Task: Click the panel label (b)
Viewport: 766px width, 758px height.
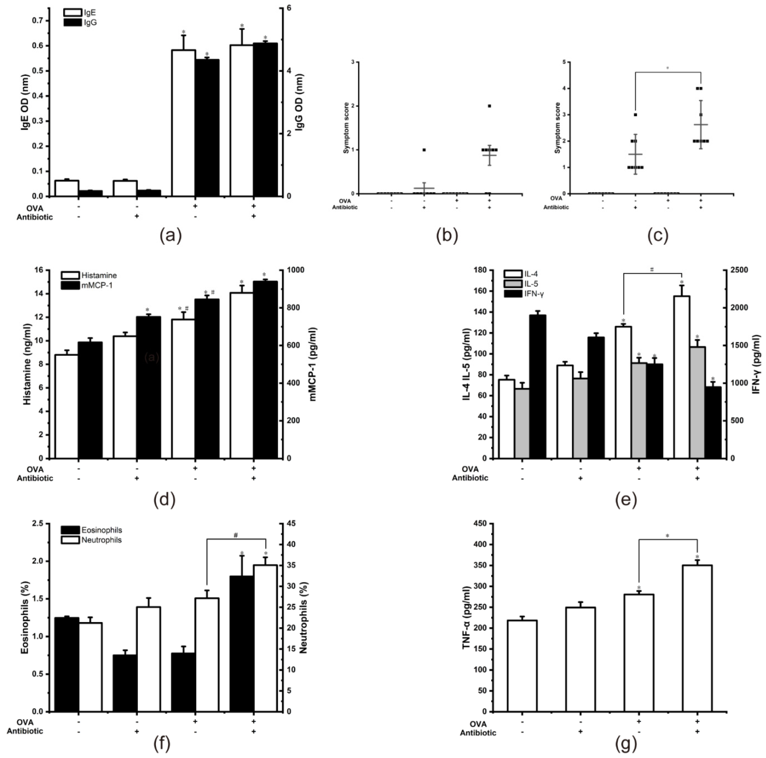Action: (447, 236)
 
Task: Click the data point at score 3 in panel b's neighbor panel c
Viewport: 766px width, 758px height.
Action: (635, 115)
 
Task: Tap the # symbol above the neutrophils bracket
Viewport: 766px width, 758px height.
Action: (235, 535)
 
